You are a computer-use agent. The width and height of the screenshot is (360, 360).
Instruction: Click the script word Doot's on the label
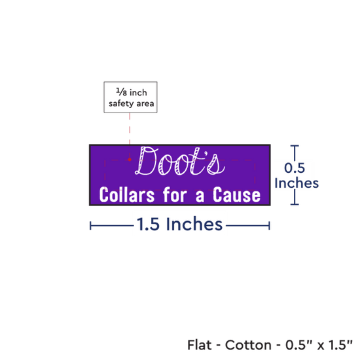pyautogui.click(x=180, y=161)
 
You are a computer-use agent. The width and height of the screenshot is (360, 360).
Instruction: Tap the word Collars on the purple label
pyautogui.click(x=127, y=195)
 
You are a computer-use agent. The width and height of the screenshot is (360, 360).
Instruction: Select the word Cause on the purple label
pyautogui.click(x=236, y=195)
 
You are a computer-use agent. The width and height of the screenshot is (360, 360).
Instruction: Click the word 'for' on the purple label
pyautogui.click(x=175, y=194)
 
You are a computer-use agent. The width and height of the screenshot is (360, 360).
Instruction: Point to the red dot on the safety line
pyautogui.click(x=130, y=160)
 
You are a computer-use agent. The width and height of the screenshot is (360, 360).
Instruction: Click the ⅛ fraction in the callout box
pyautogui.click(x=122, y=92)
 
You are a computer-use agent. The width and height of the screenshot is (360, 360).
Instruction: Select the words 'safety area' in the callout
pyautogui.click(x=132, y=103)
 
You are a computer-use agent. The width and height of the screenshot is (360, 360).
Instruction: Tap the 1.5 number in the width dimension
pyautogui.click(x=148, y=224)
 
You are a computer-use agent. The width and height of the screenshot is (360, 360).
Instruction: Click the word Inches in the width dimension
pyautogui.click(x=194, y=224)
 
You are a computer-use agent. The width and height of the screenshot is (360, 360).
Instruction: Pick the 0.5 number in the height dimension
pyautogui.click(x=295, y=168)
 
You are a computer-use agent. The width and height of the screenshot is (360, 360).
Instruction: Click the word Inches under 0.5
pyautogui.click(x=297, y=183)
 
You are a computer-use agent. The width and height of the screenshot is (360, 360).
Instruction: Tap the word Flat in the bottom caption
pyautogui.click(x=199, y=345)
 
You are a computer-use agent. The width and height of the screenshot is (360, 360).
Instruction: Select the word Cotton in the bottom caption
pyautogui.click(x=248, y=345)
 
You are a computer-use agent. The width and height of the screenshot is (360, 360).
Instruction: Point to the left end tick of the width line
pyautogui.click(x=90, y=226)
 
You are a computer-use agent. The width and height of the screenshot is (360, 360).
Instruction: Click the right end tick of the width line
pyautogui.click(x=269, y=226)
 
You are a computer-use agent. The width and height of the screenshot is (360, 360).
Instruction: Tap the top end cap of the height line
pyautogui.click(x=295, y=145)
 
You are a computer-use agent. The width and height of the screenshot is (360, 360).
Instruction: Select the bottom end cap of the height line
pyautogui.click(x=295, y=204)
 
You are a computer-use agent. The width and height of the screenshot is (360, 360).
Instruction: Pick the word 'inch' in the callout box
pyautogui.click(x=138, y=92)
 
